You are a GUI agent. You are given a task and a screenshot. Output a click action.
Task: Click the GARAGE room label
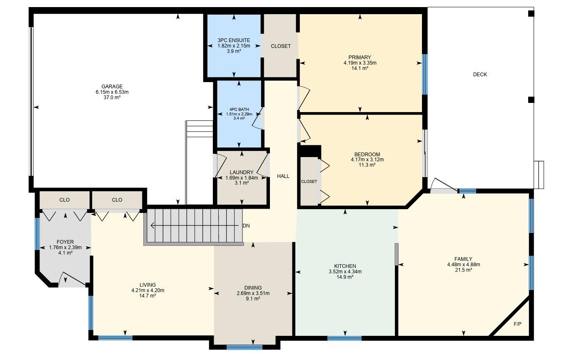point(112,86)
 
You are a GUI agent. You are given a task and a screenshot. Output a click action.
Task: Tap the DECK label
point(480,75)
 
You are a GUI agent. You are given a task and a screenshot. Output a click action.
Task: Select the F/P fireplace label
point(517,324)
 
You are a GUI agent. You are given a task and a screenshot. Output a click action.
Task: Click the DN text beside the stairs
point(246,226)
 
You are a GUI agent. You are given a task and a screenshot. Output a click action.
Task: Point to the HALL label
point(283,176)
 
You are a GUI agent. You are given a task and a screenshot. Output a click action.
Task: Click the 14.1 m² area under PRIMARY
point(360,68)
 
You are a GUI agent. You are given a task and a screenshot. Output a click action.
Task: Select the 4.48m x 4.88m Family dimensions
point(464,265)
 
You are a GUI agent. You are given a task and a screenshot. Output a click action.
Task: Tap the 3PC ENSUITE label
point(234,40)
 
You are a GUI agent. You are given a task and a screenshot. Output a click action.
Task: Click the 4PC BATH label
point(239,110)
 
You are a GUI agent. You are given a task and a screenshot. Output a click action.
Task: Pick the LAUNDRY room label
point(242,172)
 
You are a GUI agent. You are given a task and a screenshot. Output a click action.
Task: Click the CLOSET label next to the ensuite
point(281,46)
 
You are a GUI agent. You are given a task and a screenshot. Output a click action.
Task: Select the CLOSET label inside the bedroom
point(309,182)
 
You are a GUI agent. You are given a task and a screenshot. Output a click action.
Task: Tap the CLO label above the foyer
point(65,200)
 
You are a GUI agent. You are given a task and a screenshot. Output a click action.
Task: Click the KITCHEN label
point(345,266)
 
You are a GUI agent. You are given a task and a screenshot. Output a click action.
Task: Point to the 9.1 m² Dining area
point(253,299)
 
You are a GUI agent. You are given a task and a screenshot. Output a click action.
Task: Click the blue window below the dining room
point(244,347)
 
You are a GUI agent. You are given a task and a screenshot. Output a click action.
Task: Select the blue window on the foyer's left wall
point(37,234)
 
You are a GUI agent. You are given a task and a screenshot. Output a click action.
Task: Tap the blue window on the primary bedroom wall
point(425,74)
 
